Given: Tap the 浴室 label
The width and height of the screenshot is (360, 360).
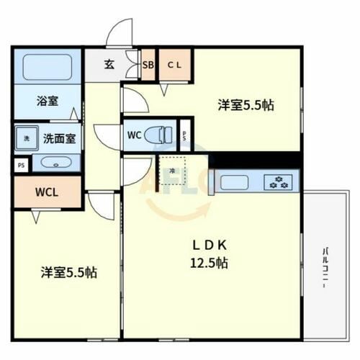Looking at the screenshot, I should point(48,102).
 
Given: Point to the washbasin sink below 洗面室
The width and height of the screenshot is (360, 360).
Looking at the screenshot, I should point(53,163).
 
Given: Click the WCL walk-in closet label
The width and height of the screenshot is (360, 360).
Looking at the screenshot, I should point(47,192).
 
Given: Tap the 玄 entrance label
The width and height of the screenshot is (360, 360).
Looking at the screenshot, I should point(108,64).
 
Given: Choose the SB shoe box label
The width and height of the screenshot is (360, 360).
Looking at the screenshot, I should point(148,65).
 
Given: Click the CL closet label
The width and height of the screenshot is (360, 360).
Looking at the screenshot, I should point(175,65).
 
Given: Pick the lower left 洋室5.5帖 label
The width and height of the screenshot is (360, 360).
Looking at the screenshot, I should point(68,273).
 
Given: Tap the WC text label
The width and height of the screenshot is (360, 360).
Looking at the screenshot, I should point(135,135).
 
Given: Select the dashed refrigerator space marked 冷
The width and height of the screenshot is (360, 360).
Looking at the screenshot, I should point(172,171).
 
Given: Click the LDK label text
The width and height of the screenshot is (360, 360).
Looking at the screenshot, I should point(210,243).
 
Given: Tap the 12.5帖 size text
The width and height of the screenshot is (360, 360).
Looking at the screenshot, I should point(210,263).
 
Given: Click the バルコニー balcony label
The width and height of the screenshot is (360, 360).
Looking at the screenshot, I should point(325,267).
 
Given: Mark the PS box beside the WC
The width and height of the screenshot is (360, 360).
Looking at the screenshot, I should point(184,135).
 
